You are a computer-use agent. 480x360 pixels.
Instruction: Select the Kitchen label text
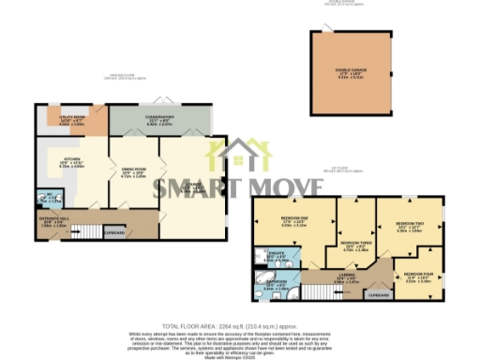(71, 161)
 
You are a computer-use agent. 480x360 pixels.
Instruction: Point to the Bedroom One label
(293, 222)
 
